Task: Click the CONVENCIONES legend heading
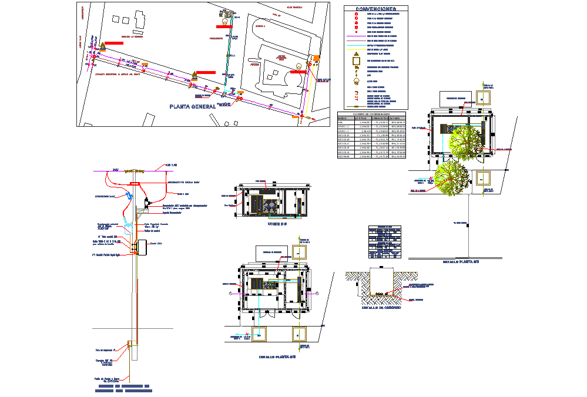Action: (x=375, y=9)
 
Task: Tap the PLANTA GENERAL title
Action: (x=192, y=106)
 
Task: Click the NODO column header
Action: (x=343, y=118)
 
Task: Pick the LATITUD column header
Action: (x=360, y=118)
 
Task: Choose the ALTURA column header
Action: (x=398, y=118)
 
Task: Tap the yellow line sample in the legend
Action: (x=355, y=49)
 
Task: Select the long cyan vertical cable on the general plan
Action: (x=227, y=59)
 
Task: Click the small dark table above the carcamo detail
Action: (x=385, y=241)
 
